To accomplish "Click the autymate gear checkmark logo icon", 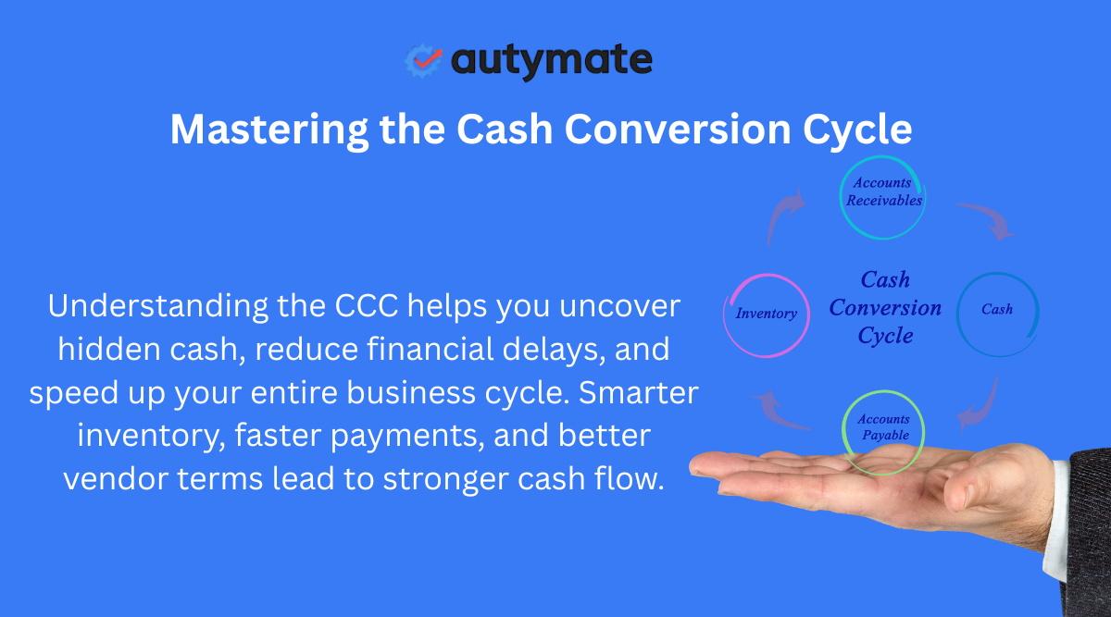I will (424, 60).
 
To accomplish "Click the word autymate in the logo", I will (552, 61).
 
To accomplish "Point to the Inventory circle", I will (766, 315).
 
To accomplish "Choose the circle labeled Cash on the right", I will (997, 310).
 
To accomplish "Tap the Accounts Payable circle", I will (883, 428).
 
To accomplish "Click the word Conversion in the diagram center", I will (885, 308).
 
